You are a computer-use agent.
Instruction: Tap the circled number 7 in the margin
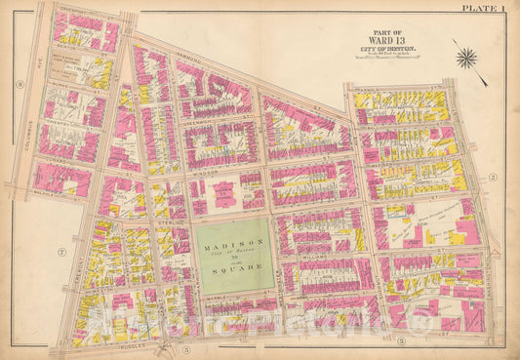pos(60,253)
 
